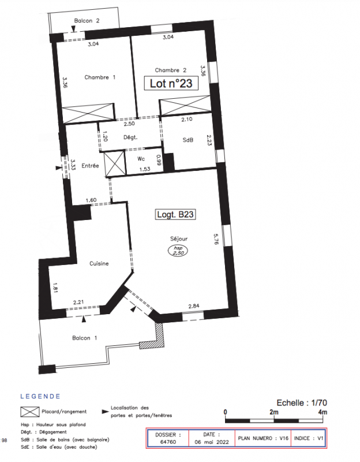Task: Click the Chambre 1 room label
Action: click(100, 77)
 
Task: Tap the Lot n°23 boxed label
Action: click(171, 83)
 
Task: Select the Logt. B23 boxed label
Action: click(175, 214)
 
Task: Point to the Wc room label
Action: click(141, 159)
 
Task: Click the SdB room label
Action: click(188, 140)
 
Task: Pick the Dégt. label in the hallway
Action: click(130, 137)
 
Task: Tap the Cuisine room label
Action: click(99, 263)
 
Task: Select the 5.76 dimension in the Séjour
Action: click(216, 239)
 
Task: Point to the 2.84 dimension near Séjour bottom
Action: click(194, 306)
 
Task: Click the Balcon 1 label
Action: click(84, 338)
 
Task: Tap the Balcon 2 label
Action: click(87, 21)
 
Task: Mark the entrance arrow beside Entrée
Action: click(59, 167)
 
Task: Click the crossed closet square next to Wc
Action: click(114, 163)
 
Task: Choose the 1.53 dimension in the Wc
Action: click(145, 169)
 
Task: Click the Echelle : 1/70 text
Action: click(302, 403)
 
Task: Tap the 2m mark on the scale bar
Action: click(274, 412)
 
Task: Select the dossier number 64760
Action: click(168, 442)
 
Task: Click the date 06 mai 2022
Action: click(212, 442)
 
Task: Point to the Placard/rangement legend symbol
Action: click(30, 412)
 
